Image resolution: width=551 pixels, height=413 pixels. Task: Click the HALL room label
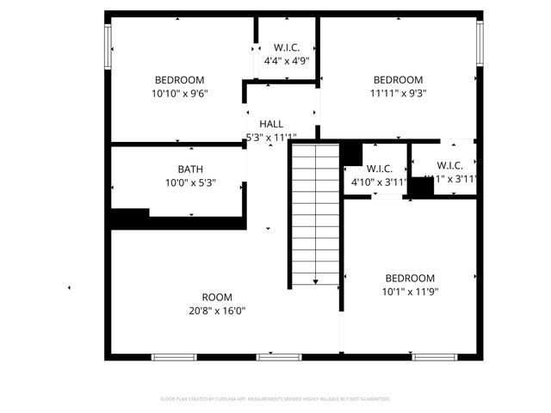coord(271,124)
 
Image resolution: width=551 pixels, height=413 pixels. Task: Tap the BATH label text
coord(190,169)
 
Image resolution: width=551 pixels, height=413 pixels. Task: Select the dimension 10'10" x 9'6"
coord(181,93)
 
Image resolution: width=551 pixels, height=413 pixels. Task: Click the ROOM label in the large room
coord(217,298)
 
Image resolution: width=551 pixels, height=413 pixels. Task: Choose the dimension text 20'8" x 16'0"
coord(217,311)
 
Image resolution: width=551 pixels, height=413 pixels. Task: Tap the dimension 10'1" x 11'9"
coord(410,292)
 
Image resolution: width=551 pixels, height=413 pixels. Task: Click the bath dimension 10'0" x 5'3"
coord(190,182)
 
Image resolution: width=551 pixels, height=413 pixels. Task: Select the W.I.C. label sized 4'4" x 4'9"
coord(286,47)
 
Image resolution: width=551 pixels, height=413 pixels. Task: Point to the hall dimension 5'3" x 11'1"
coord(271,138)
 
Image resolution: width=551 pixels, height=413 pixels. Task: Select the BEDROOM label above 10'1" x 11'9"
coord(410,278)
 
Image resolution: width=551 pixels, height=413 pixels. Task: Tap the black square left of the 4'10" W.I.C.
coord(350,153)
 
